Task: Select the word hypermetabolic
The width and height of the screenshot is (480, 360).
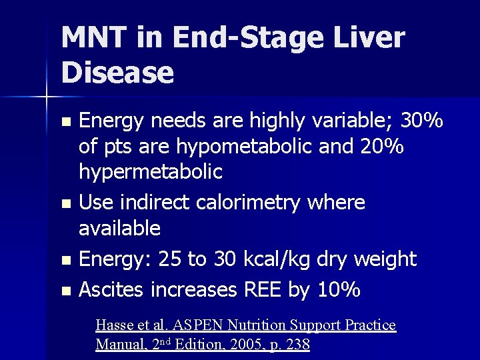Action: coord(151,171)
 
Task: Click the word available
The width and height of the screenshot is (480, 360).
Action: coord(120,228)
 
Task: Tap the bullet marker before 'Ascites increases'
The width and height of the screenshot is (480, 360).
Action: coord(65,291)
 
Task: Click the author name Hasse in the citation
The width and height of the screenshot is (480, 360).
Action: coord(115,325)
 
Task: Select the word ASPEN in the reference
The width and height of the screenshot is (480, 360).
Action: coord(198,325)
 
